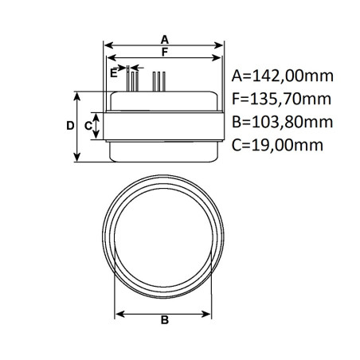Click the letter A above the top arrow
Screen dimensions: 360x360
[164, 38]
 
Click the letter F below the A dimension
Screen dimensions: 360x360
[164, 53]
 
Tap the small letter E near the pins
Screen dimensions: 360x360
[114, 72]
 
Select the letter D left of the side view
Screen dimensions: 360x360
[69, 126]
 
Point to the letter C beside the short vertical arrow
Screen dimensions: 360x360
[88, 126]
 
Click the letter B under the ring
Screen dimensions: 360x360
[164, 321]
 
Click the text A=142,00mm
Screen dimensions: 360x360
[282, 77]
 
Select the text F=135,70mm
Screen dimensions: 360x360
[282, 100]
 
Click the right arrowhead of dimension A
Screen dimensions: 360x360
[221, 45]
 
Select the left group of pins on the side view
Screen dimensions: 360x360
[131, 80]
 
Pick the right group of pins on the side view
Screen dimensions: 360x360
[159, 80]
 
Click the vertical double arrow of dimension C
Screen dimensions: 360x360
[98, 126]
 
